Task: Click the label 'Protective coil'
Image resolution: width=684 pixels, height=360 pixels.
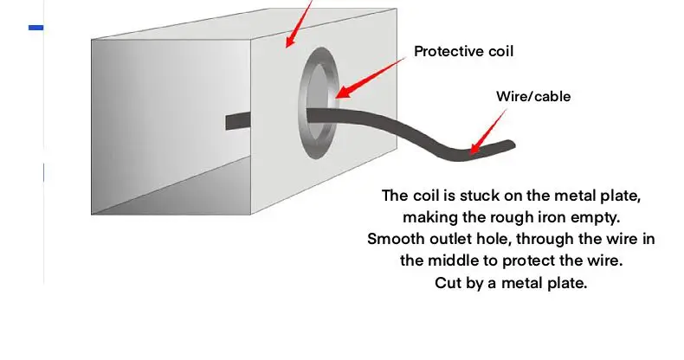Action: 463,51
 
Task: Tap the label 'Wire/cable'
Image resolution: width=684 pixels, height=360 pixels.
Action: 532,96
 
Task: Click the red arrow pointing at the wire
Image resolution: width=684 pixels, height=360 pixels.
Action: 486,134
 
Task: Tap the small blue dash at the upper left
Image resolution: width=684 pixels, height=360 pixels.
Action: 36,28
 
